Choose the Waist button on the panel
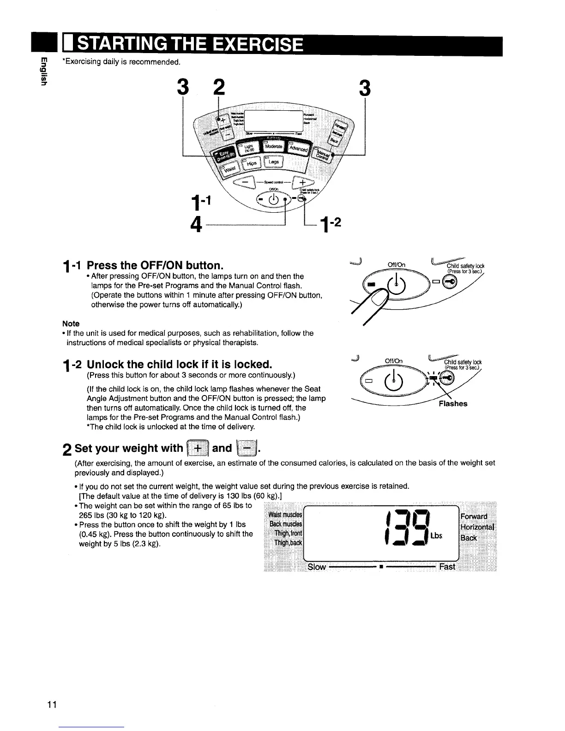[x=229, y=169]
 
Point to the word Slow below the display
[x=317, y=567]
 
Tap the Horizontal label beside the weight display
[x=477, y=527]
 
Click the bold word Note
[x=71, y=324]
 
